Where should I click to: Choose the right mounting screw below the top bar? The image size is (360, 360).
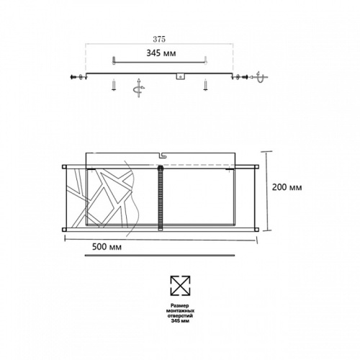[x=205, y=86]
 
